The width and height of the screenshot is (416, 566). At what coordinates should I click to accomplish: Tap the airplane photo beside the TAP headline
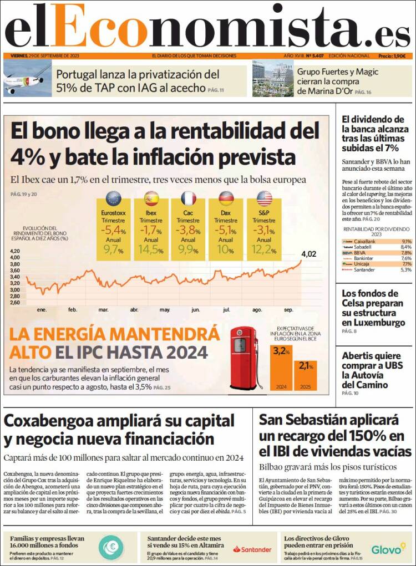click(27, 79)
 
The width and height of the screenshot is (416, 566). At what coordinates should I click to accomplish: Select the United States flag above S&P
click(264, 198)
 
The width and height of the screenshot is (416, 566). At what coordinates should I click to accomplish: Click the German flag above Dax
click(226, 198)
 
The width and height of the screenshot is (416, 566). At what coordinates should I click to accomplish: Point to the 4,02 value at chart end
click(308, 254)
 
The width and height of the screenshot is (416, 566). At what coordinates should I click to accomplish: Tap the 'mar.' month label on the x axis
click(103, 309)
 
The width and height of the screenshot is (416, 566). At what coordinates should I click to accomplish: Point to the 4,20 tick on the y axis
click(15, 251)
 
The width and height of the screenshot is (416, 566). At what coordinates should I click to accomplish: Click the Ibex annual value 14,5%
click(151, 250)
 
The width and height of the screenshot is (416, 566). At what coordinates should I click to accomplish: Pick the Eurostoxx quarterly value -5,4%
click(113, 230)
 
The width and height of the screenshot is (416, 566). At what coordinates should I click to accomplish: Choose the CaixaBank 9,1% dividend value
click(406, 242)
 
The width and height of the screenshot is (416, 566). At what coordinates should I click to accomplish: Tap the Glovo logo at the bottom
click(386, 549)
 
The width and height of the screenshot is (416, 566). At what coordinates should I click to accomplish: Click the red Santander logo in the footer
click(252, 549)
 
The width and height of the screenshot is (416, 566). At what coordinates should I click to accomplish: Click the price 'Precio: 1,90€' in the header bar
click(392, 56)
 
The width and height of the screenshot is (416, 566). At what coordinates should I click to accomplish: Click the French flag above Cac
click(189, 198)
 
